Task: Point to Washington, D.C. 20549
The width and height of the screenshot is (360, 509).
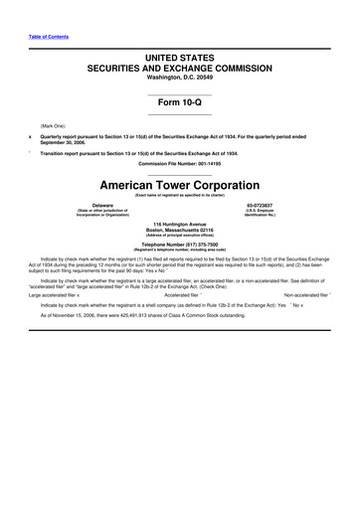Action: coord(180,83)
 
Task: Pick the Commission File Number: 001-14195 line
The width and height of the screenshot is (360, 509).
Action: coord(180,165)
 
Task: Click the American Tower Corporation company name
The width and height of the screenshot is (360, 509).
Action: coord(180,185)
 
